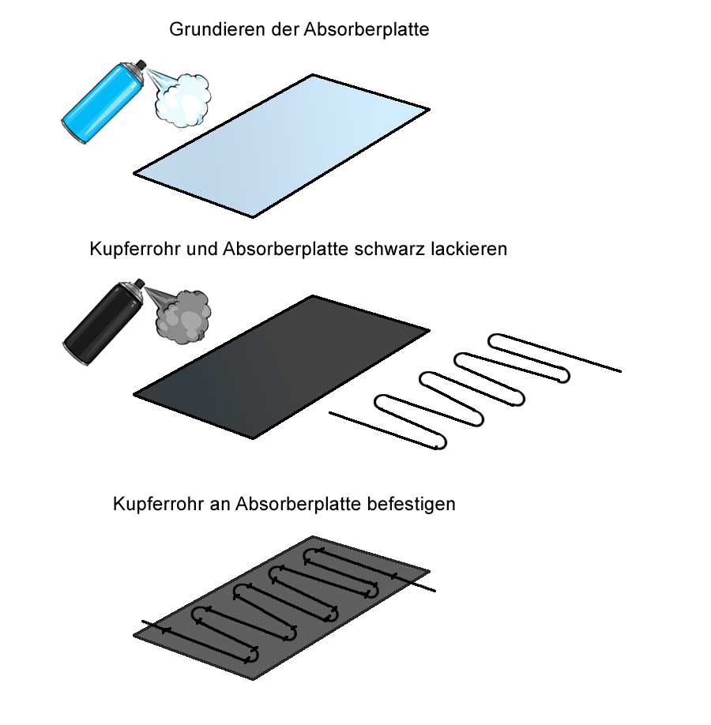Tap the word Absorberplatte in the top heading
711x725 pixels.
[x=367, y=29]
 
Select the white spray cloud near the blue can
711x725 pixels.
[x=182, y=100]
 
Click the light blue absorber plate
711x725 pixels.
[x=282, y=145]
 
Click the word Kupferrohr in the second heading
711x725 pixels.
[x=134, y=250]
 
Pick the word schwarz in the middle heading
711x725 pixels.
[x=389, y=250]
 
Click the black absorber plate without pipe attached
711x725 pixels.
[x=282, y=366]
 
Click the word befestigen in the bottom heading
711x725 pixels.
[x=412, y=504]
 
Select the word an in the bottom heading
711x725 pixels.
[x=220, y=505]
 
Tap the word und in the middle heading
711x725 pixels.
[x=201, y=250]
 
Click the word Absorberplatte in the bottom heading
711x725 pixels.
[x=299, y=504]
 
